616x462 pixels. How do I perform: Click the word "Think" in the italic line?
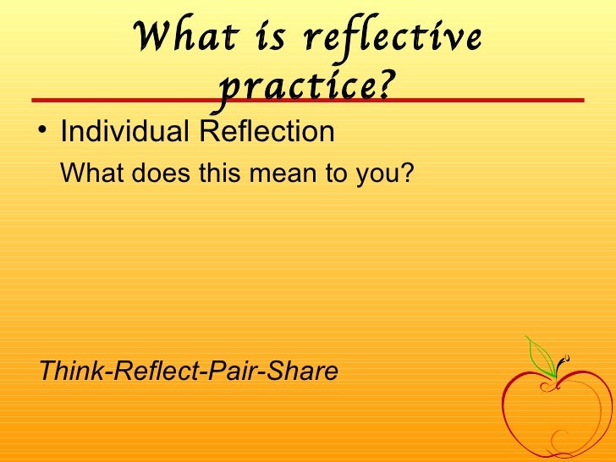[x=69, y=371]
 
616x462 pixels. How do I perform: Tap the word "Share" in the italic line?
[x=305, y=371]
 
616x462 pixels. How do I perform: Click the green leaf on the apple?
[x=539, y=355]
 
